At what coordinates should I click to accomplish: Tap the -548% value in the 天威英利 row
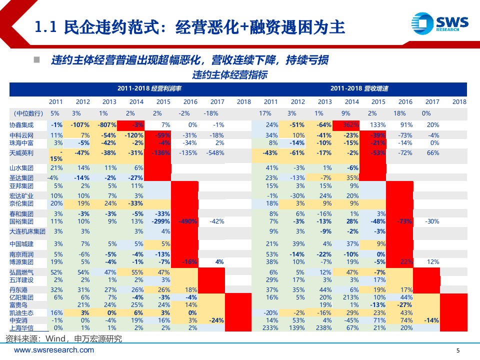[216, 153]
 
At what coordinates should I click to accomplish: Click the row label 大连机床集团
[27, 231]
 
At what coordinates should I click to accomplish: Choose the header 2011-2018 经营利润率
[149, 88]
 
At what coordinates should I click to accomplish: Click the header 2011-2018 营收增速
[359, 88]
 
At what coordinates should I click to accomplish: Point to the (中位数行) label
[28, 113]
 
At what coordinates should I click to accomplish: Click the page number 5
[459, 350]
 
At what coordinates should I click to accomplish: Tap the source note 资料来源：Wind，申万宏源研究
[63, 339]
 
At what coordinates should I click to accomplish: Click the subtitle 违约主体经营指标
[229, 75]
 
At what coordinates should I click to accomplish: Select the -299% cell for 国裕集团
[160, 221]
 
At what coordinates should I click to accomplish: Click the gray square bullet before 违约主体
[36, 60]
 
